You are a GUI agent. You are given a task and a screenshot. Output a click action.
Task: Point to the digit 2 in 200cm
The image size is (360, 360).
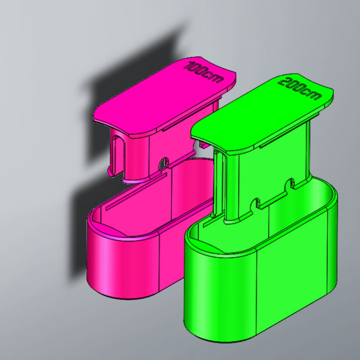click(285, 81)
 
